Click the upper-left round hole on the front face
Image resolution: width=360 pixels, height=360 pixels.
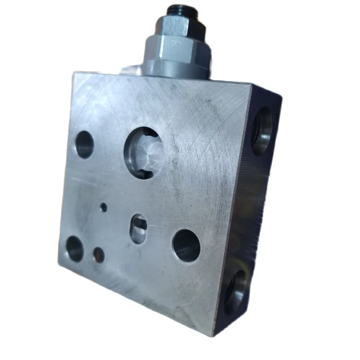tap(84, 144)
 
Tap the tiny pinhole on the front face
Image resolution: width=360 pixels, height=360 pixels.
tap(103, 207)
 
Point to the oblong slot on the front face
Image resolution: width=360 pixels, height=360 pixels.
tap(139, 229)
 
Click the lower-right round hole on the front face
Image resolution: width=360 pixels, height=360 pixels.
tap(186, 245)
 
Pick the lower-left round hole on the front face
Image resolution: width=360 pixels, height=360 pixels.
tap(75, 249)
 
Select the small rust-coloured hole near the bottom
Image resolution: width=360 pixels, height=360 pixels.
tap(99, 255)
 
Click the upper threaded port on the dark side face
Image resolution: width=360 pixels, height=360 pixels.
tap(262, 131)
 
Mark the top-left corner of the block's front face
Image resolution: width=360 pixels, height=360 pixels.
tap(74, 73)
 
